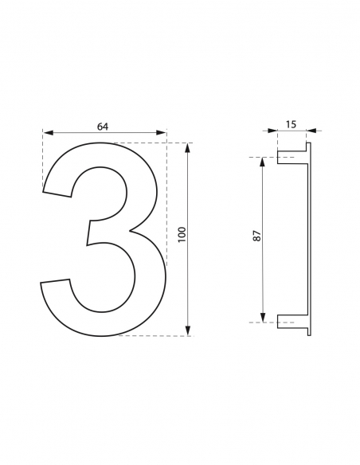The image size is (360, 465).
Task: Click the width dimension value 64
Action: (103, 125)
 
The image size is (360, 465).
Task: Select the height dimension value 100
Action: (182, 234)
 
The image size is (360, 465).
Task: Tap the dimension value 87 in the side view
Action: (256, 236)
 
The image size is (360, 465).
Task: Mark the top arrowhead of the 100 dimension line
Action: (188, 147)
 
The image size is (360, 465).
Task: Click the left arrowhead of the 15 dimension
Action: (272, 130)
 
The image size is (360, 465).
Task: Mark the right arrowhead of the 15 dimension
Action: (311, 130)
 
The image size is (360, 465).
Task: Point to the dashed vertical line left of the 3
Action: (42, 159)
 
